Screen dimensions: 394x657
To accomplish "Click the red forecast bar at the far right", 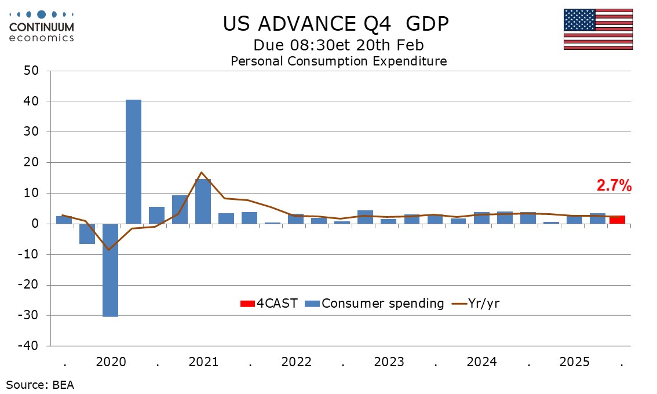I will coord(616,220).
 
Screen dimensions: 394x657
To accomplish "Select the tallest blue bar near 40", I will coord(133,162).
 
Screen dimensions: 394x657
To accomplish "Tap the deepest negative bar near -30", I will coord(110,270).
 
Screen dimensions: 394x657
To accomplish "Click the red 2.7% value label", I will coord(614,186).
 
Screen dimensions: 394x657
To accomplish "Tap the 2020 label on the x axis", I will coord(111,362).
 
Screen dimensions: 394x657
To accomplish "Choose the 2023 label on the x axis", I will coord(389,362).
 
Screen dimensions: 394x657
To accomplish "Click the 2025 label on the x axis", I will coord(574,362).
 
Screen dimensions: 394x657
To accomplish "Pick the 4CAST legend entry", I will coord(269,303).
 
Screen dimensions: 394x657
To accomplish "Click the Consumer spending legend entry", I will coord(376,303).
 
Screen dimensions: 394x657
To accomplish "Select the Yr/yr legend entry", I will coord(476,303).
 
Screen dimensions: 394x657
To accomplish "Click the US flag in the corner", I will coord(598,29).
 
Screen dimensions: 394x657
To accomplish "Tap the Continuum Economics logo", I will coord(42,27).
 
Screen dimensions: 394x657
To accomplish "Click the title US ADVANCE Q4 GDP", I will coord(336,24).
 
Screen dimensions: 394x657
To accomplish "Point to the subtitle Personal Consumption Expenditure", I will coord(339,61).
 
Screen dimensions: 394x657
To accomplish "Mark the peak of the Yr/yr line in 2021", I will coord(201,172).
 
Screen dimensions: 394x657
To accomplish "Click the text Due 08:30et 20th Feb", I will coord(338,45).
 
